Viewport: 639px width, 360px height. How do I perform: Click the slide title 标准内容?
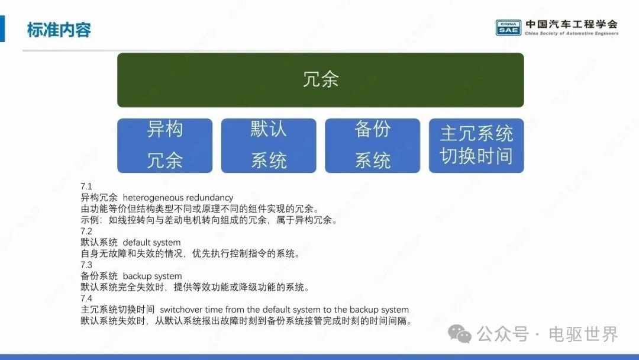59,30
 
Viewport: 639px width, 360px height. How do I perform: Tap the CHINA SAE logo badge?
508,28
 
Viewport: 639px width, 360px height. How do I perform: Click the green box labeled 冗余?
320,80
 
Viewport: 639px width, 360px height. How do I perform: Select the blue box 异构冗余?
164,146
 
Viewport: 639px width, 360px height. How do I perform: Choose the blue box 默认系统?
269,146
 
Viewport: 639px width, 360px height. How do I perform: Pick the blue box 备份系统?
373,146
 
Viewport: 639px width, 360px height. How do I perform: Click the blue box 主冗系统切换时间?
476,146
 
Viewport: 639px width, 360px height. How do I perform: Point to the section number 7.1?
86,187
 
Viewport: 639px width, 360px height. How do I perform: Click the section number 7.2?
86,231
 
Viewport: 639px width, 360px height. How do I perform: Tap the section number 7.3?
86,265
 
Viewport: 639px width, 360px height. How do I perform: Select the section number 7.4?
86,298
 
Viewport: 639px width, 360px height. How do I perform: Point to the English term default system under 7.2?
151,243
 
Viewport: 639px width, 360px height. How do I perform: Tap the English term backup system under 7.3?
153,276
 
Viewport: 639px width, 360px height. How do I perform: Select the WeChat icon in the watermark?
460,335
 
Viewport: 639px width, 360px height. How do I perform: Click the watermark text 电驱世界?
583,335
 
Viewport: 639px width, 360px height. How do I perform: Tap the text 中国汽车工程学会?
572,24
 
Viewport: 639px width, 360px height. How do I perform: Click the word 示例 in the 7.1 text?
90,220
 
